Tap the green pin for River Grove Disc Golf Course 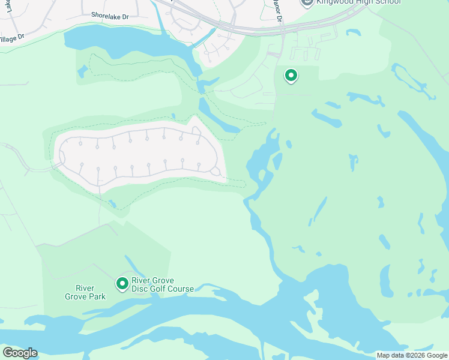(122, 282)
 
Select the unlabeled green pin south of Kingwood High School (291, 76)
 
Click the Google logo (20, 353)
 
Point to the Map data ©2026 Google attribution (411, 355)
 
